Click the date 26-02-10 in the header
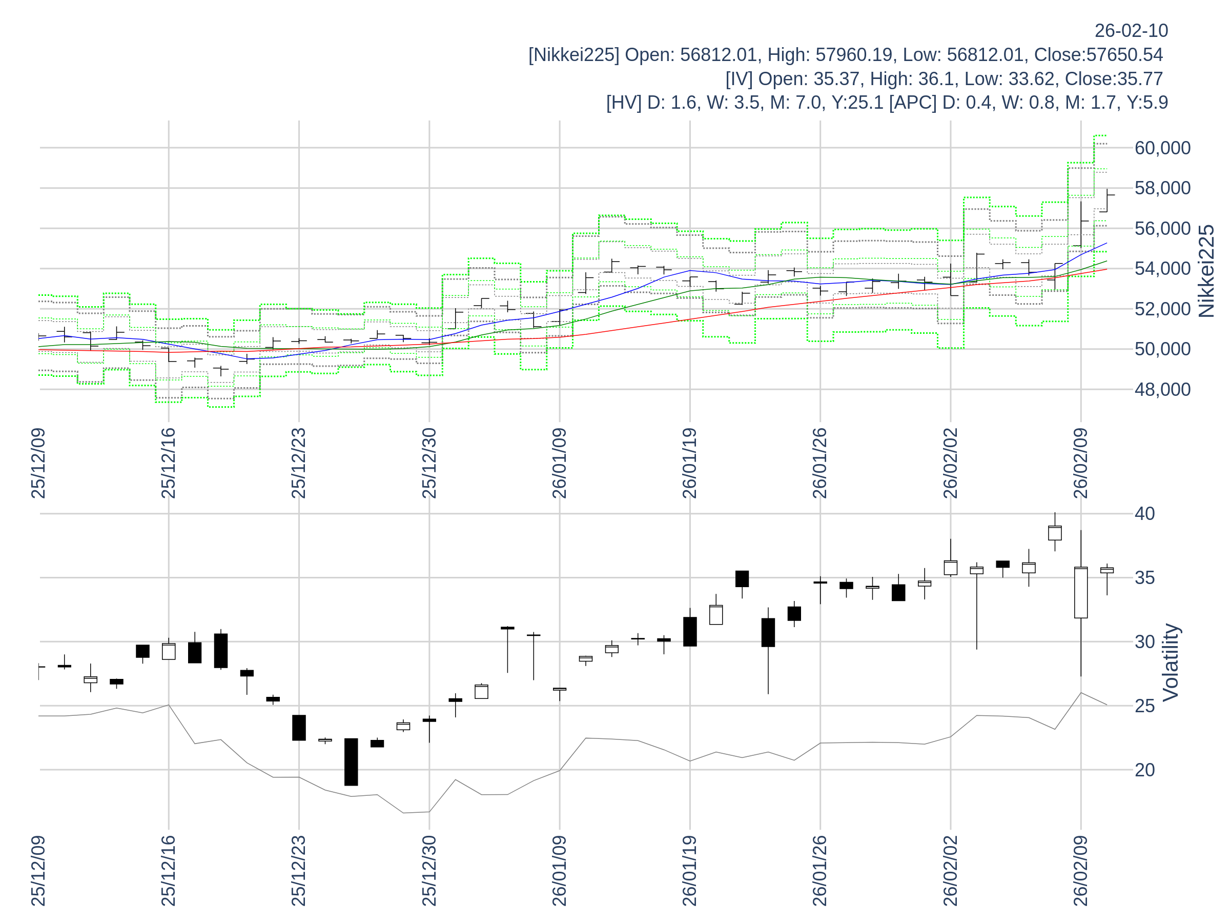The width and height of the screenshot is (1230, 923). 1131,31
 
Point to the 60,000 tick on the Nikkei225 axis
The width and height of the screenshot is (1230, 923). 1162,148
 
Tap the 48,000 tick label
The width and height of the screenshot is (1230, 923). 1162,389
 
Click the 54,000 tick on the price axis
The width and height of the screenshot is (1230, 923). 1162,269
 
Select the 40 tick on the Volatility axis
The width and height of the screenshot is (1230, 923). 1144,513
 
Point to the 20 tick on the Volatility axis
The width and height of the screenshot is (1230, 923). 1144,770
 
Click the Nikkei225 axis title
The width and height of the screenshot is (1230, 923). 1206,271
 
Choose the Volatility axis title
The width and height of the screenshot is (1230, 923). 1171,662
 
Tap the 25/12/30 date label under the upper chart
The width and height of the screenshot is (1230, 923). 429,463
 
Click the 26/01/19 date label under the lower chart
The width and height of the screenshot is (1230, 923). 689,870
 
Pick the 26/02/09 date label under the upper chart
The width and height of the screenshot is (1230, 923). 1080,463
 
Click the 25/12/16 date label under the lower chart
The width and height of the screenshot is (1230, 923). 169,870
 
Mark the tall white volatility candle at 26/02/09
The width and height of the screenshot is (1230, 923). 1080,593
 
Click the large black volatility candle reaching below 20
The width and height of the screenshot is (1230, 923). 351,761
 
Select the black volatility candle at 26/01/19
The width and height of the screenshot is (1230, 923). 689,631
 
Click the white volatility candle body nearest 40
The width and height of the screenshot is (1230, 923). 1055,533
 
